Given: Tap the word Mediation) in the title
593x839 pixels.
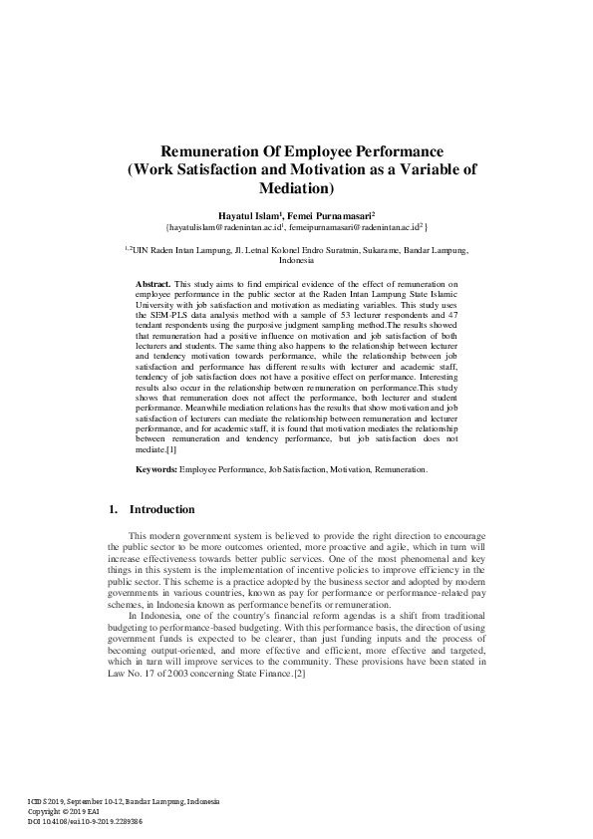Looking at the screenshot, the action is [x=296, y=186].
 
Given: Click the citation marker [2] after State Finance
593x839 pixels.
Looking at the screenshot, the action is [x=299, y=675].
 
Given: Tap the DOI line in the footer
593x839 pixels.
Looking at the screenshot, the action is [x=86, y=821].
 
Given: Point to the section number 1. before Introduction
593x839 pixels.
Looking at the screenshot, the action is [x=114, y=509].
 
